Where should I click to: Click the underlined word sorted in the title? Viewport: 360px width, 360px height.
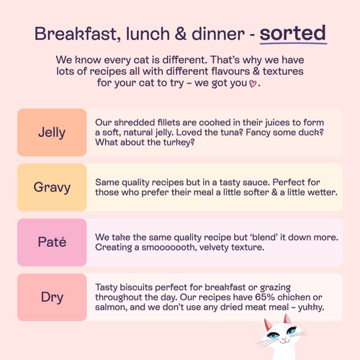[x=293, y=33]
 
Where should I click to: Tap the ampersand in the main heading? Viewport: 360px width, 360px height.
[x=181, y=33]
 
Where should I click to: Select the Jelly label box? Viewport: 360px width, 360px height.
[x=52, y=132]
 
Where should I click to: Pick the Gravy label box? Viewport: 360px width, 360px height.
[x=52, y=187]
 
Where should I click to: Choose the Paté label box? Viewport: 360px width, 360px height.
[x=52, y=242]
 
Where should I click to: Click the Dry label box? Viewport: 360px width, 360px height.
[x=52, y=297]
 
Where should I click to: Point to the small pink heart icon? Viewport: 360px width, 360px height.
[x=253, y=84]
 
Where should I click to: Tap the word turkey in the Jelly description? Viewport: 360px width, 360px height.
[x=179, y=143]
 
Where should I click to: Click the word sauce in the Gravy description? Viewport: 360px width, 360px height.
[x=256, y=182]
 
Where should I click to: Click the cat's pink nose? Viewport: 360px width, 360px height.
[x=284, y=339]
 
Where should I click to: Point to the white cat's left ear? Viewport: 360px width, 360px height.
[x=268, y=325]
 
